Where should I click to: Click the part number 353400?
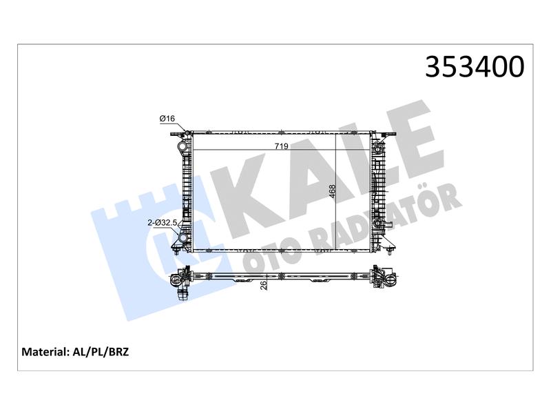pos(475,67)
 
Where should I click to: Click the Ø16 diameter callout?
pos(167,119)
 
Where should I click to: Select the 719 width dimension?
pos(282,146)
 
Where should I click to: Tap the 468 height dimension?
pos(333,192)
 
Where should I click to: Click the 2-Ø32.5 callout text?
pos(163,222)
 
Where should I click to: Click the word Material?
pos(44,352)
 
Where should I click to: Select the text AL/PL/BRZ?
pos(101,352)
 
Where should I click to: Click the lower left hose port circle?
pos(183,238)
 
